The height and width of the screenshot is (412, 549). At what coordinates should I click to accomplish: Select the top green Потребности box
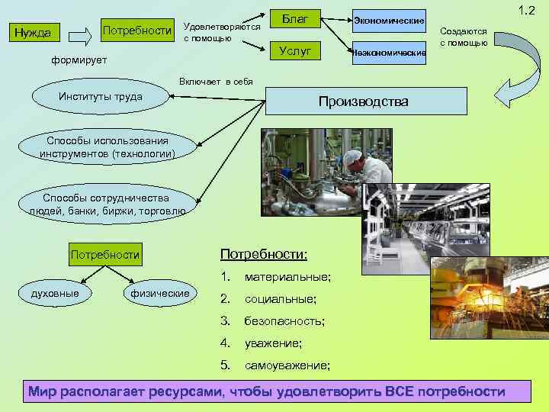(x=136, y=30)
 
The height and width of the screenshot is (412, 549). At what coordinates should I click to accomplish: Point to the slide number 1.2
(x=526, y=11)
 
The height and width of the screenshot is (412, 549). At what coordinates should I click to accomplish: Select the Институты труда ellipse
(x=100, y=97)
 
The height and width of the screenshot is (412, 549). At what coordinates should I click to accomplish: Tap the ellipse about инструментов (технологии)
(x=108, y=147)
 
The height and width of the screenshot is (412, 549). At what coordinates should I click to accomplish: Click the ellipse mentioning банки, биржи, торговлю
(x=106, y=204)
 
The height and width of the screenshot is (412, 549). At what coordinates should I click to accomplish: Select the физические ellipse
(x=160, y=293)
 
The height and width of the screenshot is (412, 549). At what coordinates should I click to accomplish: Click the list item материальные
(x=287, y=276)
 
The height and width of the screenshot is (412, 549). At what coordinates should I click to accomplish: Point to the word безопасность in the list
(x=284, y=321)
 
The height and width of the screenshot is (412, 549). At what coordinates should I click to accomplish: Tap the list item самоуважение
(x=287, y=365)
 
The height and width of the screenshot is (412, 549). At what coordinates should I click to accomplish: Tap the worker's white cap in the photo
(x=352, y=158)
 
